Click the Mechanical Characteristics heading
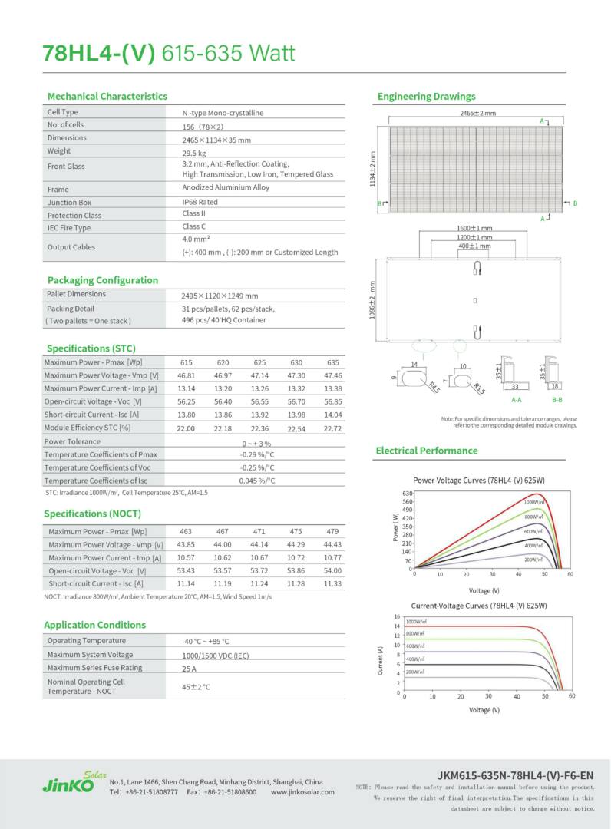pos(107,96)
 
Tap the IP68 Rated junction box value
pos(200,202)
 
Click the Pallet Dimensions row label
pos(77,294)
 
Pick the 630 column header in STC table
pos(296,362)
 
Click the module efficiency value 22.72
pos(332,428)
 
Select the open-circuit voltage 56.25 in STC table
pos(186,401)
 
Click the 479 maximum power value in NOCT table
pos(332,531)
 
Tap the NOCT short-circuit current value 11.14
pos(186,583)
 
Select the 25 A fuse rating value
pos(190,668)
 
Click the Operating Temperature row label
pos(86,640)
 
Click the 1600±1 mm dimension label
pos(474,228)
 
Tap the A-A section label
pos(517,399)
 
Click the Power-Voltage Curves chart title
pos(478,480)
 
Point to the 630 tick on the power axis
pos(408,494)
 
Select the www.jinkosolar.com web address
pos(302,791)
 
